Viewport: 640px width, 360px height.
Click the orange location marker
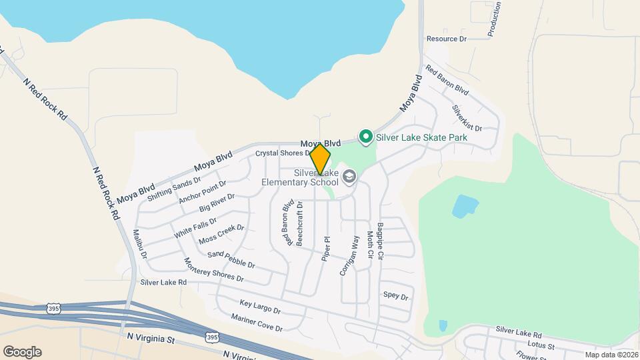(320, 159)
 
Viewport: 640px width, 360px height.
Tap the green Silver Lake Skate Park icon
(365, 137)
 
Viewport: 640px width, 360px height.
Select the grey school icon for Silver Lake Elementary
(350, 176)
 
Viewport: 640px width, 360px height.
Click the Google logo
(22, 351)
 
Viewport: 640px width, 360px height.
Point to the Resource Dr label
(446, 39)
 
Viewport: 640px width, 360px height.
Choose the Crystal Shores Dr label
(283, 153)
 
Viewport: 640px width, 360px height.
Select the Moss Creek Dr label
(221, 233)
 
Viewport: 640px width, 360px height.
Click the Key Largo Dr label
(260, 307)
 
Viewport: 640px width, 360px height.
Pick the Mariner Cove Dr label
(257, 323)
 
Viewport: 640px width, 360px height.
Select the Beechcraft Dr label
(300, 223)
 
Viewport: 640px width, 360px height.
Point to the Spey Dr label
(395, 296)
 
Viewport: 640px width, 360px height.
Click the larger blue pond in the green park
(465, 206)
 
